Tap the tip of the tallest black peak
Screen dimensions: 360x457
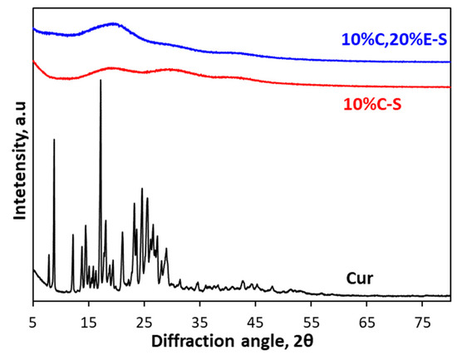[101, 80]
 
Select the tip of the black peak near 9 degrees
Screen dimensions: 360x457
[54, 140]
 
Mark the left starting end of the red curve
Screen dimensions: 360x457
[33, 62]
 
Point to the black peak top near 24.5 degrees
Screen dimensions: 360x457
[142, 189]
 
